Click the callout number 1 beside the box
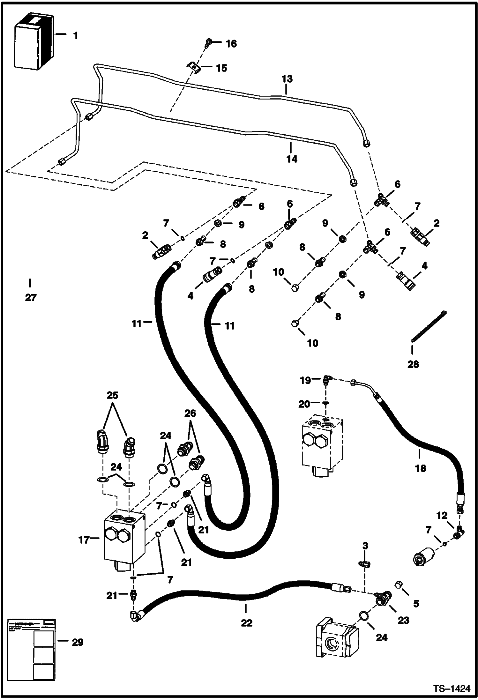click(x=75, y=36)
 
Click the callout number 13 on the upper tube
click(x=287, y=79)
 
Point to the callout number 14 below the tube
click(x=292, y=159)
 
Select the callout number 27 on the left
click(x=31, y=298)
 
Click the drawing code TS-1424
click(x=452, y=689)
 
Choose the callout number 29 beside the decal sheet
click(x=78, y=642)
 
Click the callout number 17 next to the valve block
click(x=84, y=539)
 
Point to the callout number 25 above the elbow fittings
click(x=112, y=396)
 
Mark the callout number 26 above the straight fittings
click(x=190, y=413)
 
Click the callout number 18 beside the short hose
click(x=421, y=468)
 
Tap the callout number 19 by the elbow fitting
click(x=305, y=380)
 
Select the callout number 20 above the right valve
click(x=304, y=404)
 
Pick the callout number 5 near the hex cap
click(x=416, y=603)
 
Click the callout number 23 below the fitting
click(x=403, y=620)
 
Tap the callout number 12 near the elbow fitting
click(x=442, y=516)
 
